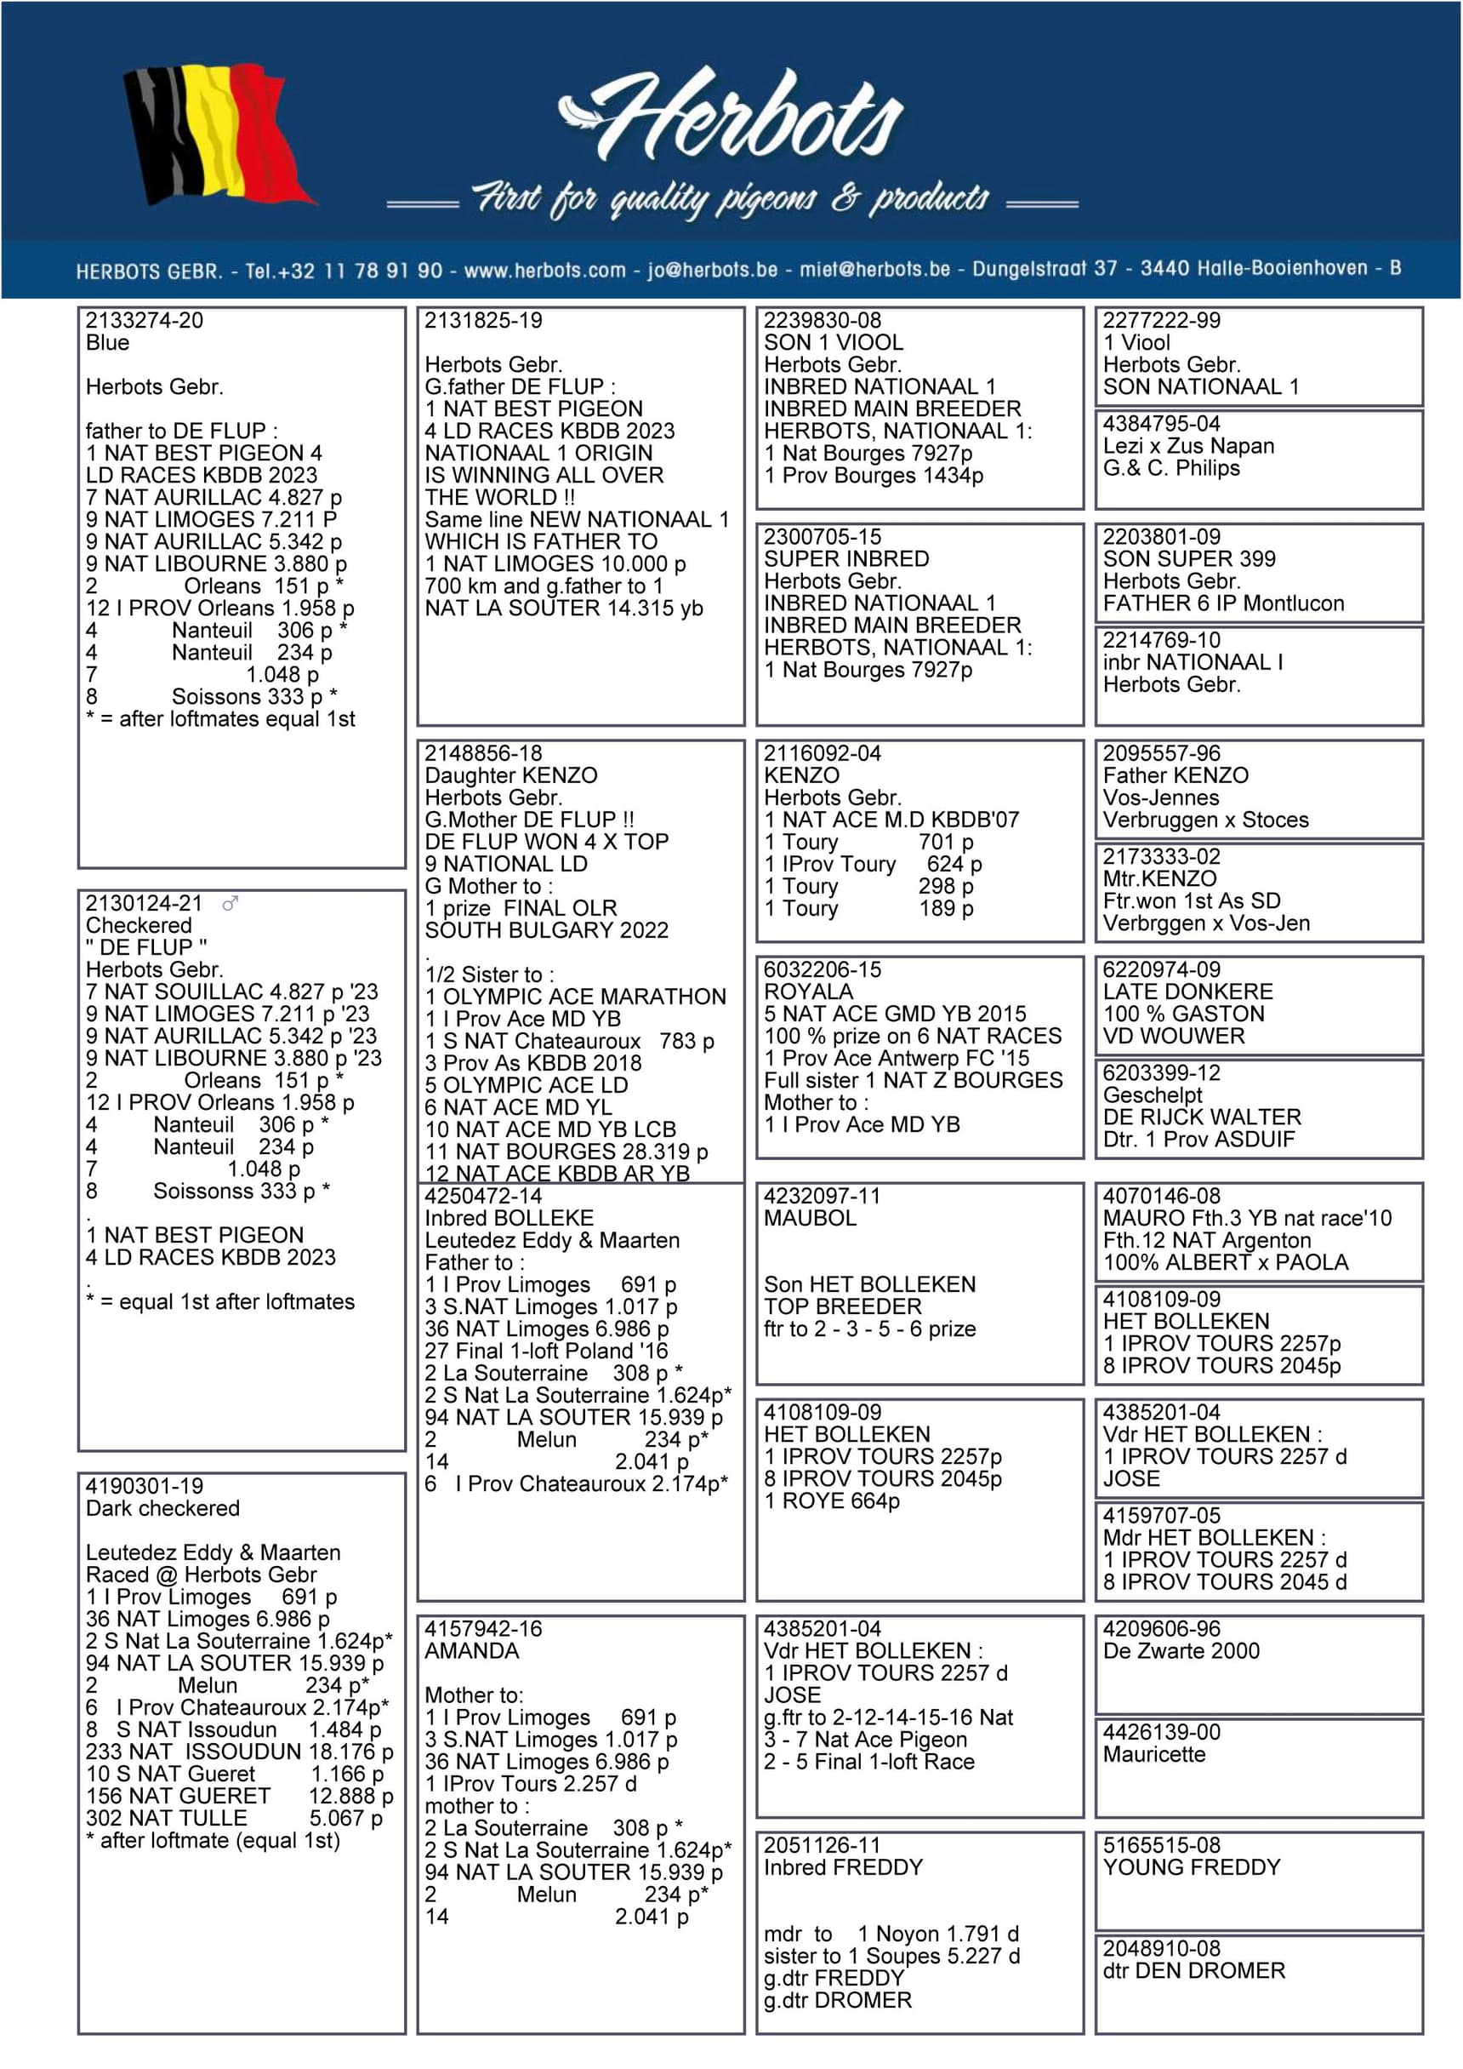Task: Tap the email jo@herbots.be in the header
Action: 712,270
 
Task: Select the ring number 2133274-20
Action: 144,320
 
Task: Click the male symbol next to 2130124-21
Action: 231,903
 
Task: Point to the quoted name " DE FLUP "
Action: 146,947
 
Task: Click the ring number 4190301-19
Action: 144,1486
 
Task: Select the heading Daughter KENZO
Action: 511,775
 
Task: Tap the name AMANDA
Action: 472,1651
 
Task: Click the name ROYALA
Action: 808,992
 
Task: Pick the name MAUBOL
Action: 810,1217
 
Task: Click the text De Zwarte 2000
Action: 1181,1651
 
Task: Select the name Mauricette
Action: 1154,1754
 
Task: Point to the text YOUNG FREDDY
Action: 1191,1867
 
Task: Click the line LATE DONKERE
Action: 1187,992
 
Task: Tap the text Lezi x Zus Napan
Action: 1188,445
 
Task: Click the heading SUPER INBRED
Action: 846,558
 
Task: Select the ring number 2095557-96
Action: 1162,752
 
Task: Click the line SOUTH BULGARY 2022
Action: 546,930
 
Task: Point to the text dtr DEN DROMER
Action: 1193,1970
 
